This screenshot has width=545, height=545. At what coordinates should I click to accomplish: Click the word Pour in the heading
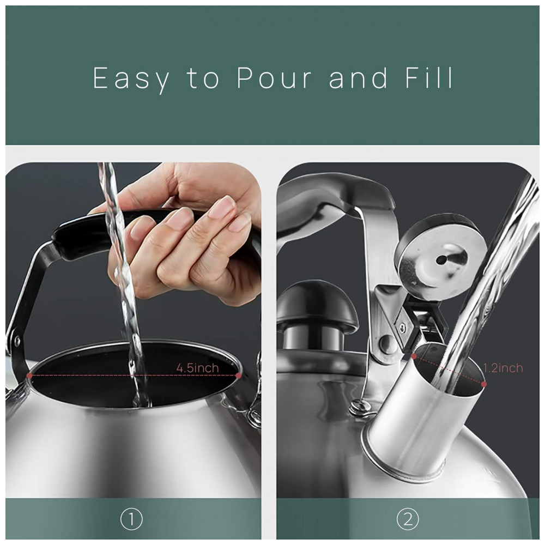click(275, 78)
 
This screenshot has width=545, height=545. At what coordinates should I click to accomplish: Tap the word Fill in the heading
click(429, 77)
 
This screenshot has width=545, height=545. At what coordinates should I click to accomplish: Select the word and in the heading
click(358, 77)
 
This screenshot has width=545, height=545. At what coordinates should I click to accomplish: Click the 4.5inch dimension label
click(197, 368)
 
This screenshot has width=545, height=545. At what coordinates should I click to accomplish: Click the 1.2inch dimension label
click(503, 368)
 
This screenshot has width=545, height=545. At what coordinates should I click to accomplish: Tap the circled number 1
click(131, 519)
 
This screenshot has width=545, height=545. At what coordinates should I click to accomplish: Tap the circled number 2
click(408, 519)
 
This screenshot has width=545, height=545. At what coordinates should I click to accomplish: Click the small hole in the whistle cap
click(441, 259)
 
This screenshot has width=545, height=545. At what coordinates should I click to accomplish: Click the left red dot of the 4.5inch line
click(29, 376)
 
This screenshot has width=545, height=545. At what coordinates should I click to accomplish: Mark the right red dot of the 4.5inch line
click(238, 376)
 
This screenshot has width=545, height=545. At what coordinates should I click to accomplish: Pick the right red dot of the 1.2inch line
click(484, 384)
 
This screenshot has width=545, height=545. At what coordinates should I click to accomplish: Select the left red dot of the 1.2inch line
click(414, 356)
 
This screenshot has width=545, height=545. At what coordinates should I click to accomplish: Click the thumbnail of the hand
click(222, 206)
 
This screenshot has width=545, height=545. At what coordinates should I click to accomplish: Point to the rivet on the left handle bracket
click(16, 340)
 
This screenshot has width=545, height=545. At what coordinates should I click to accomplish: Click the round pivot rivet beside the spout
click(386, 344)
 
